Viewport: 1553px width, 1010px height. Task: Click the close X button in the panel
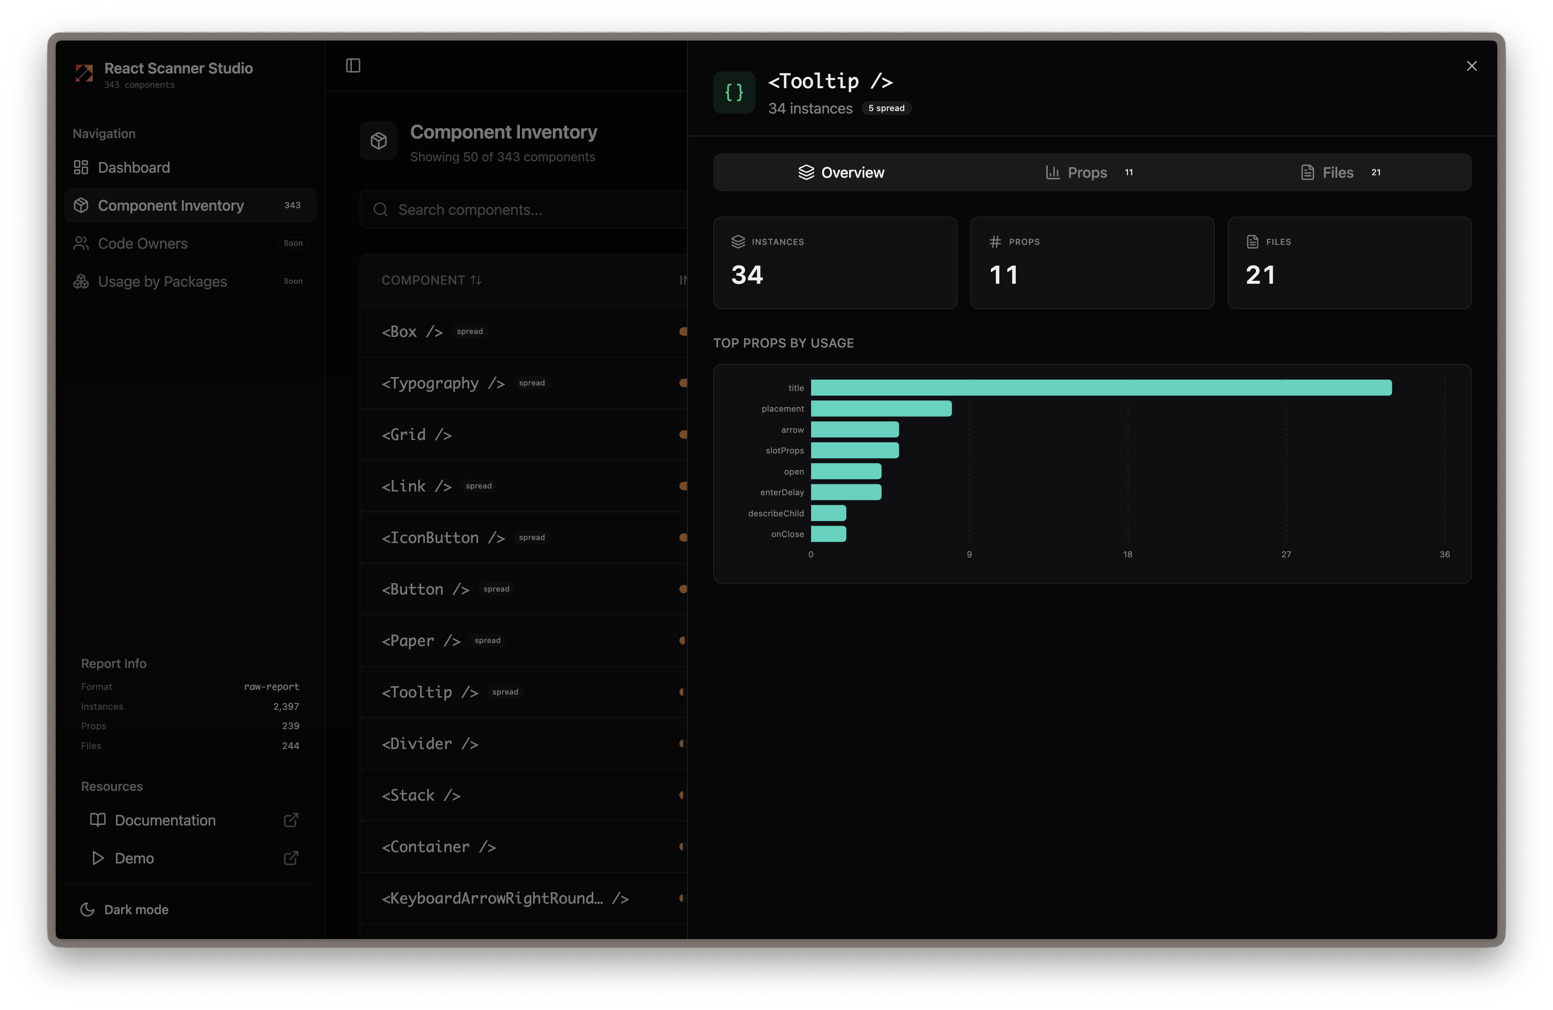[x=1472, y=66]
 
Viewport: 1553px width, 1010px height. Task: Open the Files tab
[x=1338, y=172]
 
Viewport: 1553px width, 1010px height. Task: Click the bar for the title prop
[x=1100, y=388]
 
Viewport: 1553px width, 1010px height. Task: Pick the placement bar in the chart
[x=880, y=409]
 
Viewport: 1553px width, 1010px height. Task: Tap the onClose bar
[x=828, y=534]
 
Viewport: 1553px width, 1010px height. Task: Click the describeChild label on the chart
[x=775, y=513]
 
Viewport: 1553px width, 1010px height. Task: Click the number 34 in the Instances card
[x=747, y=275]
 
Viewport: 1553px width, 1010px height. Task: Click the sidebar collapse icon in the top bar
[x=353, y=65]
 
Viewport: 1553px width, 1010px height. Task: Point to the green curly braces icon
[x=733, y=93]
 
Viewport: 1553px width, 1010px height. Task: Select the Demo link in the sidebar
[x=134, y=858]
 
